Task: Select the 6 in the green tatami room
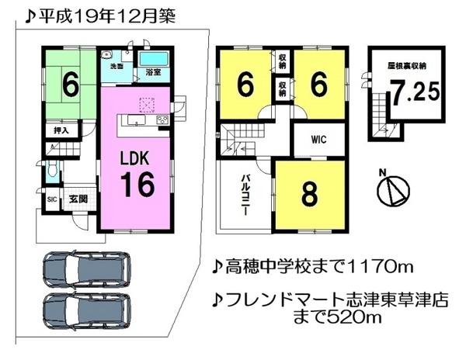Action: [69, 85]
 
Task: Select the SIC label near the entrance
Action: [51, 199]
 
